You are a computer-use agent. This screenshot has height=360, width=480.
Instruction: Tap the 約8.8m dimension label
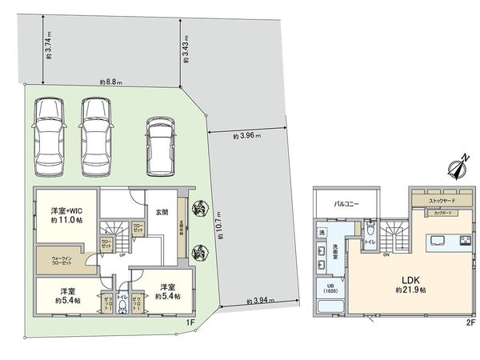[111, 82]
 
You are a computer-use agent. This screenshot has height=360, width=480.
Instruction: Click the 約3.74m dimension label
[49, 46]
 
